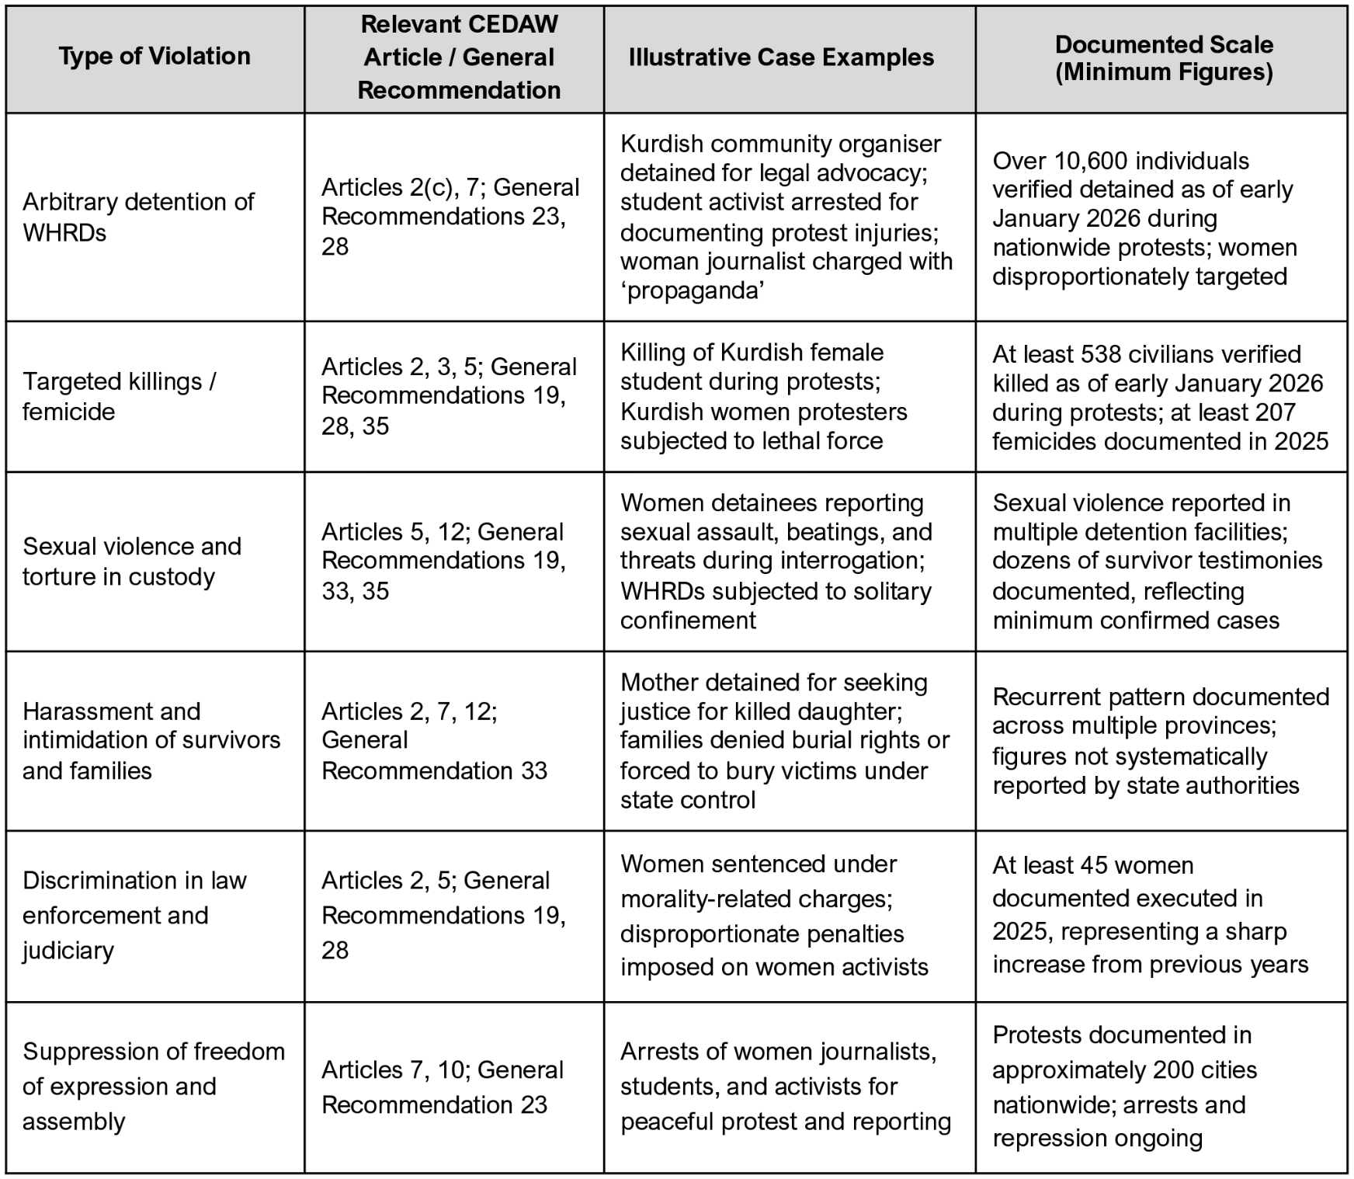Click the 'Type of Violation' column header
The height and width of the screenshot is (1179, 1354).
tap(154, 57)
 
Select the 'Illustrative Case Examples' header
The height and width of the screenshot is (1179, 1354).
tap(781, 57)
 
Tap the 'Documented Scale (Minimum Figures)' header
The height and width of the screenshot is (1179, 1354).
tap(1163, 58)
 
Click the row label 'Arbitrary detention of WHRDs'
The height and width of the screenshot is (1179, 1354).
tap(138, 217)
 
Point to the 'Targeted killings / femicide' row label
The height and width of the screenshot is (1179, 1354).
tap(119, 396)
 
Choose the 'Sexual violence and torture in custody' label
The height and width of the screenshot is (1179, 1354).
tap(132, 561)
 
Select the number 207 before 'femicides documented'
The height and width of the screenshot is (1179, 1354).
tap(1273, 412)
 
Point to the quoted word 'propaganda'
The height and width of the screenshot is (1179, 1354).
tap(693, 290)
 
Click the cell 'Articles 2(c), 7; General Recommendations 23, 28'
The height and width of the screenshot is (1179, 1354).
tap(450, 217)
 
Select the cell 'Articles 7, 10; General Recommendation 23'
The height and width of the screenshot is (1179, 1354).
tap(443, 1087)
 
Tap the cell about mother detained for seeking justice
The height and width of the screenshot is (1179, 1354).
tap(784, 741)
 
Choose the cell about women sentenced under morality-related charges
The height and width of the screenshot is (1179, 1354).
tap(774, 915)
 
